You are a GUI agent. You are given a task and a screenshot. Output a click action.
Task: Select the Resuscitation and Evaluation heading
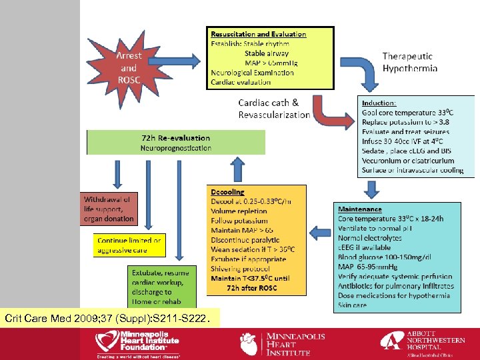(258, 34)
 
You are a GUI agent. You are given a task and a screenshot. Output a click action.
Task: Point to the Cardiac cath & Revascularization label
(274, 109)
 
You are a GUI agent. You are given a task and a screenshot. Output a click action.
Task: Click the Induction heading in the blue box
(379, 103)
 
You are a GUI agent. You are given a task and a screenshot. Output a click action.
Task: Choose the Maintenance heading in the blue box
(360, 209)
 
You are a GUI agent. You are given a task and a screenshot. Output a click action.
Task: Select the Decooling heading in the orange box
(228, 191)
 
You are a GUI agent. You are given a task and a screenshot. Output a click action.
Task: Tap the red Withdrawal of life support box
(108, 209)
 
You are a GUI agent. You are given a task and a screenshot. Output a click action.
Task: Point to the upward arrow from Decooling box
(237, 170)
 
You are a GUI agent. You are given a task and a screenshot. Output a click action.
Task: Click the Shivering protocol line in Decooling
(240, 269)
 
